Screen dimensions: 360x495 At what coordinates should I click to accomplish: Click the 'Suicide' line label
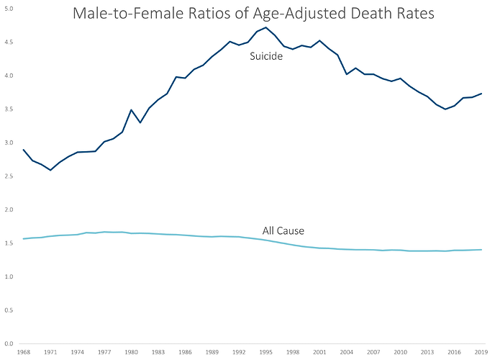tap(265, 56)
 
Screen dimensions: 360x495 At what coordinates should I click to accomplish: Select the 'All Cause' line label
tap(283, 231)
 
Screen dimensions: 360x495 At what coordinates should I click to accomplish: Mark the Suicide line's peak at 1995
tap(266, 27)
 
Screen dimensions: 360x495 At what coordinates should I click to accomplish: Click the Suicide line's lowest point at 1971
tap(50, 170)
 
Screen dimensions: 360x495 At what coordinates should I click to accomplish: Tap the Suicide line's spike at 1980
tap(131, 110)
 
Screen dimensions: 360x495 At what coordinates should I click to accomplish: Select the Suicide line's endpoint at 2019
tap(481, 94)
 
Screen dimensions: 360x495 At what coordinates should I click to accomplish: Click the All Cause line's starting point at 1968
tap(24, 239)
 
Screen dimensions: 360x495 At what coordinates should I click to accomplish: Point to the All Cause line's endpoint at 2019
tap(481, 250)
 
